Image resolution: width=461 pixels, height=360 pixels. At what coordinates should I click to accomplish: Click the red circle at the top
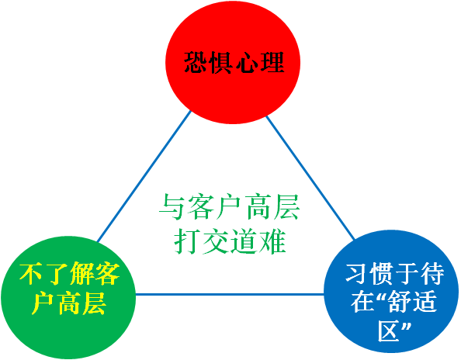(233, 62)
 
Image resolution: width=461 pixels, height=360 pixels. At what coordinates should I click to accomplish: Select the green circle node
(68, 297)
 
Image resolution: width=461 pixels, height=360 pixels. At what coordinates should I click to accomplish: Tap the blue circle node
(391, 292)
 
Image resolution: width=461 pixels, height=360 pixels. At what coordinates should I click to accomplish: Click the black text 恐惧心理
(234, 62)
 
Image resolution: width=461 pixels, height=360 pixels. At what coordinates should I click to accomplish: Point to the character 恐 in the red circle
(196, 62)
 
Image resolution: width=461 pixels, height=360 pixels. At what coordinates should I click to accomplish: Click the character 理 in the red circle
(272, 62)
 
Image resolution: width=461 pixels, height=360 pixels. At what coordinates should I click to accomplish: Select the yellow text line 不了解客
(69, 274)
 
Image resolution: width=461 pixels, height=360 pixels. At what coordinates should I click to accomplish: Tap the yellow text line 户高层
(69, 303)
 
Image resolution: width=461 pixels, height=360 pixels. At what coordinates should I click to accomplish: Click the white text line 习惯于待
(394, 274)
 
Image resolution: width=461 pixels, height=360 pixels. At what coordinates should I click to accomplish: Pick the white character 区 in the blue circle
(389, 331)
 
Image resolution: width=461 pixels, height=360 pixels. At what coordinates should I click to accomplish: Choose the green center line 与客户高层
(229, 207)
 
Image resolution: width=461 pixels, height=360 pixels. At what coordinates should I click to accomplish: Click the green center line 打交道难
(230, 241)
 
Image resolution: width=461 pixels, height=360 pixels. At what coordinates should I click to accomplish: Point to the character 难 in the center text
(273, 241)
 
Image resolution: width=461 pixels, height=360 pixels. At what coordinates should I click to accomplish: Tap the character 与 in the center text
(172, 207)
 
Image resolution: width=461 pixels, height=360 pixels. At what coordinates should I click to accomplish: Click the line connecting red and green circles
(144, 176)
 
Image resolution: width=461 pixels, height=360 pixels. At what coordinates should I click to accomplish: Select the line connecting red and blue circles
(310, 178)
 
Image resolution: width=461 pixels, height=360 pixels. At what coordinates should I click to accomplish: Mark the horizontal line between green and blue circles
(230, 294)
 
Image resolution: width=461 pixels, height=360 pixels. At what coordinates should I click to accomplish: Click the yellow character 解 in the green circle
(82, 274)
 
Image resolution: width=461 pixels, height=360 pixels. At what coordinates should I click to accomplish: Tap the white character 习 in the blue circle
(357, 274)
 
